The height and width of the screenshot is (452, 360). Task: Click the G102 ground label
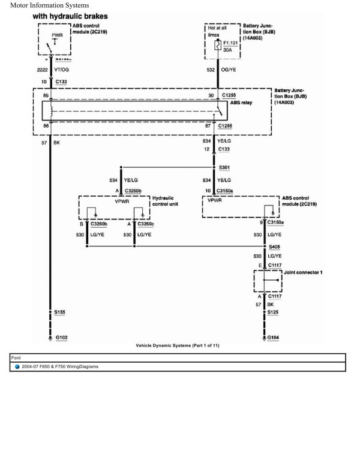(61, 338)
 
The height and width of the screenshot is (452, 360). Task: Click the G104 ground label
(273, 338)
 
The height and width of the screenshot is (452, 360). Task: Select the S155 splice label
(61, 313)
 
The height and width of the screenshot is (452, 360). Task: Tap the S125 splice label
(274, 313)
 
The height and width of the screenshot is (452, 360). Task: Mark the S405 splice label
(274, 246)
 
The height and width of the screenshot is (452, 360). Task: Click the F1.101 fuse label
(231, 43)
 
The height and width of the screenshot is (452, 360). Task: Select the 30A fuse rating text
(227, 51)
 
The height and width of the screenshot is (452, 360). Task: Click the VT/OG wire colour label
(62, 70)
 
